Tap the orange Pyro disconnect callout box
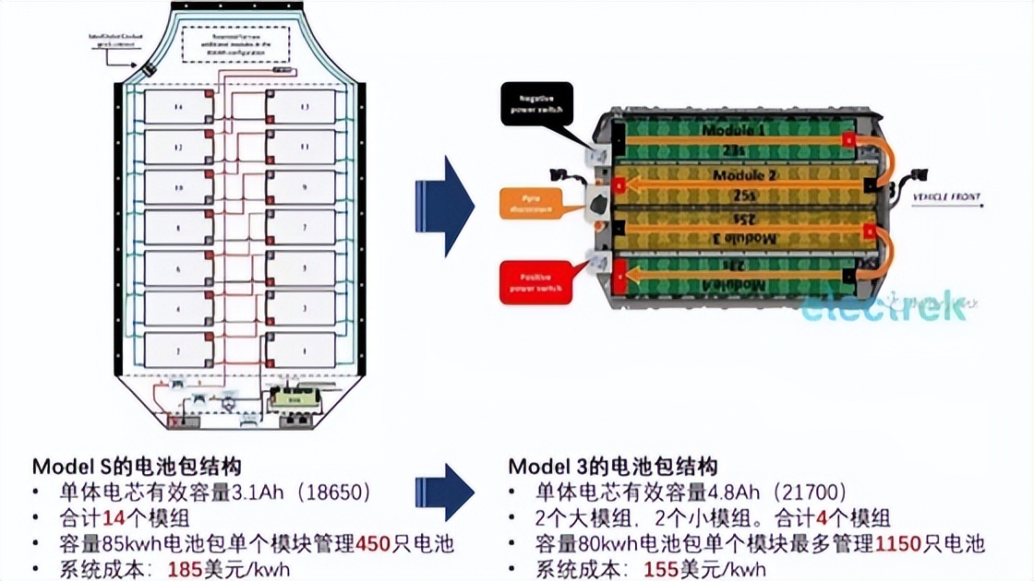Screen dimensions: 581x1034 535,204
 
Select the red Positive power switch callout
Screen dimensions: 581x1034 535,281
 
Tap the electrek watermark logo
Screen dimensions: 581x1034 884,307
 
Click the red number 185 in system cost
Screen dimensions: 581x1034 185,569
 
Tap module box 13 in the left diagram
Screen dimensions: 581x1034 301,107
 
